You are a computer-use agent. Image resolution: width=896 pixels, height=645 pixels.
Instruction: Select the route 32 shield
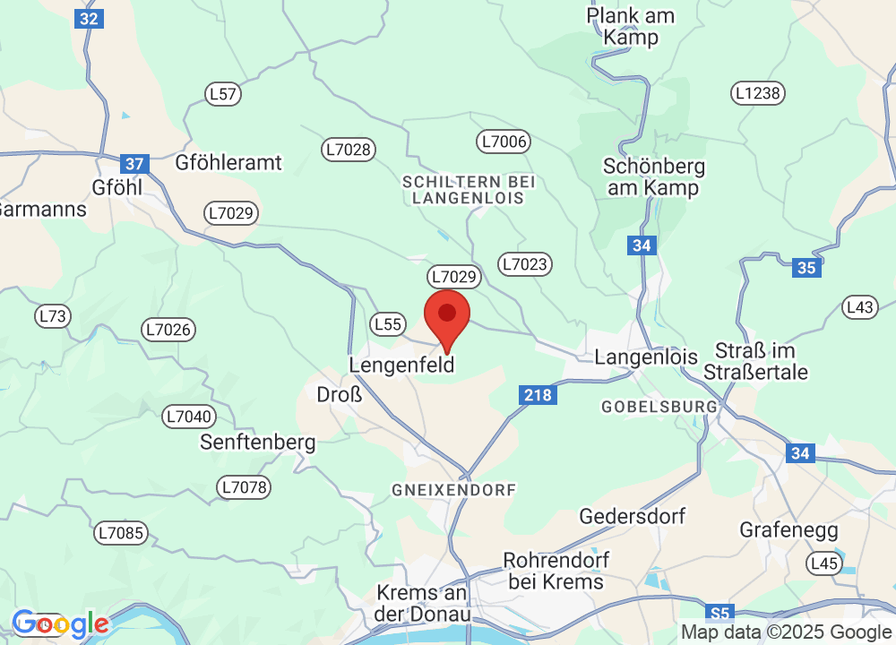pos(88,19)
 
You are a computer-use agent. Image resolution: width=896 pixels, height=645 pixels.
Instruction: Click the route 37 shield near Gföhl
pos(134,164)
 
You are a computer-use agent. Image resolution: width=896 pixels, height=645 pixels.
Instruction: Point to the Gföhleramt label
pos(228,163)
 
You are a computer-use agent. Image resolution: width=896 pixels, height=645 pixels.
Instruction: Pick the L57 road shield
pos(222,93)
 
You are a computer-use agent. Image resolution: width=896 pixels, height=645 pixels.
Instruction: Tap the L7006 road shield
pos(504,142)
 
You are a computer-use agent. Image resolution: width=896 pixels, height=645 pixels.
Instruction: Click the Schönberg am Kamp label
pos(653,176)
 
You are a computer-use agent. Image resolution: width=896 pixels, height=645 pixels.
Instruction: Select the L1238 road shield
pos(758,93)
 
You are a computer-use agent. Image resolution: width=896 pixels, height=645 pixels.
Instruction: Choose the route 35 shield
pos(806,267)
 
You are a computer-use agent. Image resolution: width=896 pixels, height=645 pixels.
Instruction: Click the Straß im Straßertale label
pos(756,361)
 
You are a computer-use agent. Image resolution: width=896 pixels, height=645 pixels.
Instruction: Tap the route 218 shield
pos(537,394)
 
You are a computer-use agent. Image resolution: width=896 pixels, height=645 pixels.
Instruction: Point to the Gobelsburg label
pos(659,407)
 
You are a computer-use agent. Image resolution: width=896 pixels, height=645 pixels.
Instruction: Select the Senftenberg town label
pos(258,443)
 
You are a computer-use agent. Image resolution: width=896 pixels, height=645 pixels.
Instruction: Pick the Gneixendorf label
pos(454,491)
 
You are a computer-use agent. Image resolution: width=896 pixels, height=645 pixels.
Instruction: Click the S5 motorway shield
pos(719,613)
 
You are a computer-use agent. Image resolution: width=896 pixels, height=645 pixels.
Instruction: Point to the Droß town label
pos(340,394)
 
